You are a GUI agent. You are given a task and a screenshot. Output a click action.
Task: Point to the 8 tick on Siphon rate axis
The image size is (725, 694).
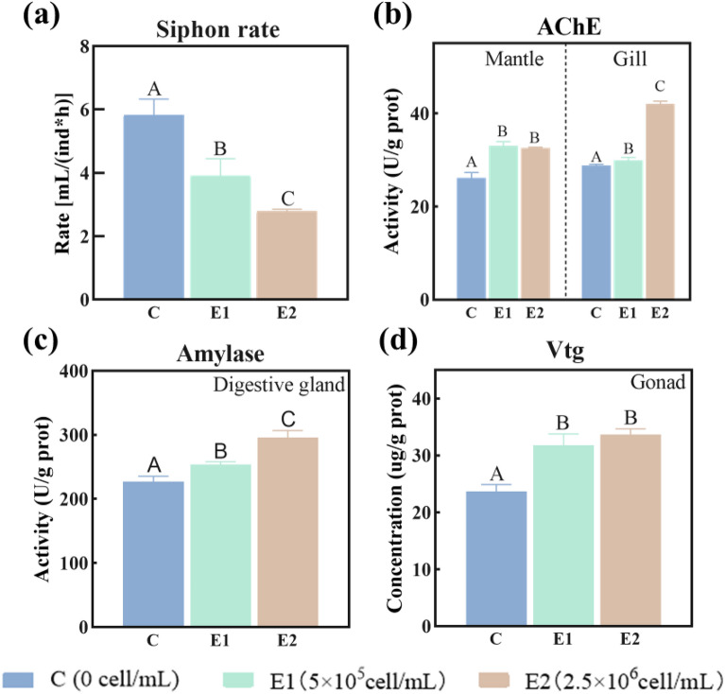84,45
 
